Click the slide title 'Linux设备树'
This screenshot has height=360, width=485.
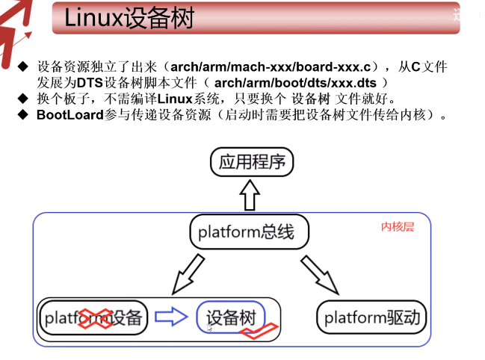pos(129,18)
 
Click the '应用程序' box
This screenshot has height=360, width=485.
pos(252,161)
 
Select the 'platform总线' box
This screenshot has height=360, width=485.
pos(241,232)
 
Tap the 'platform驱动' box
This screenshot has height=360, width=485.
pos(373,318)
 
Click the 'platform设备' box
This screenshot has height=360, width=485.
pos(93,318)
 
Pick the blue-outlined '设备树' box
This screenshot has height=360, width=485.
pos(231,318)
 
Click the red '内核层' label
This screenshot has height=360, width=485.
pos(397,227)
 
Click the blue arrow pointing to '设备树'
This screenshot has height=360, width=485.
pos(171,318)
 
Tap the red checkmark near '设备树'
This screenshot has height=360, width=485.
pos(259,330)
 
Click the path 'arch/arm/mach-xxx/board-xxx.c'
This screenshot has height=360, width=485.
pos(271,66)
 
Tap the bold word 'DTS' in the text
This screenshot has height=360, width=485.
pos(89,82)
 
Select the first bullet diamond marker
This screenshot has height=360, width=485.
pos(22,66)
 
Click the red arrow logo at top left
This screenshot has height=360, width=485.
pos(16,26)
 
